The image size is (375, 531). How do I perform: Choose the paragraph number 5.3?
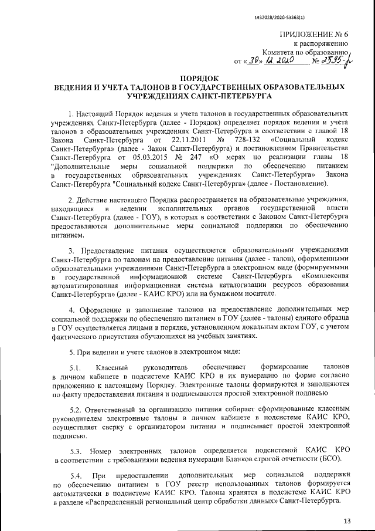pyautogui.click(x=76, y=451)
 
